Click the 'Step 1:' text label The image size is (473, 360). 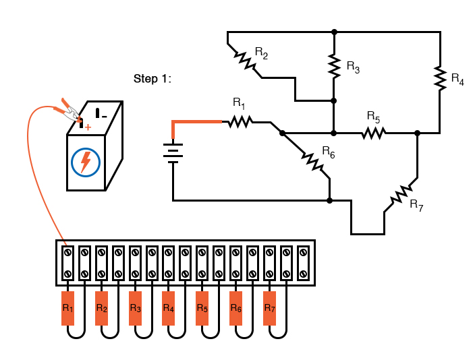[x=152, y=79]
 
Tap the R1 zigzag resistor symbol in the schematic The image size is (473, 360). [x=240, y=121]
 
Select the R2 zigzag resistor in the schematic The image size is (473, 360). [x=245, y=61]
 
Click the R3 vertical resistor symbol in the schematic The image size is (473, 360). [x=334, y=65]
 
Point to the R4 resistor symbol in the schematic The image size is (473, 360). [x=440, y=78]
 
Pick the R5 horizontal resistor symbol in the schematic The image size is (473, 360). [x=372, y=133]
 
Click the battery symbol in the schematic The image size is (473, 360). [x=173, y=153]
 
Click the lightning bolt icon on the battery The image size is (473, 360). [x=86, y=162]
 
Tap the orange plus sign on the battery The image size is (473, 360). [x=88, y=126]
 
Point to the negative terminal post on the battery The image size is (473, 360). [x=97, y=113]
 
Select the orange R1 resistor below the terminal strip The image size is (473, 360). [x=67, y=308]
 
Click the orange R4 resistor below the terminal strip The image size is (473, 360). [x=169, y=308]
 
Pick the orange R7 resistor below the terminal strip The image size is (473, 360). [x=270, y=308]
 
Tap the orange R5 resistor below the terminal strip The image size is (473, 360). [x=202, y=308]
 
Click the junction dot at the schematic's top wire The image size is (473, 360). [x=334, y=32]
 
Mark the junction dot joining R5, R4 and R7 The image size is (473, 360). [x=418, y=133]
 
